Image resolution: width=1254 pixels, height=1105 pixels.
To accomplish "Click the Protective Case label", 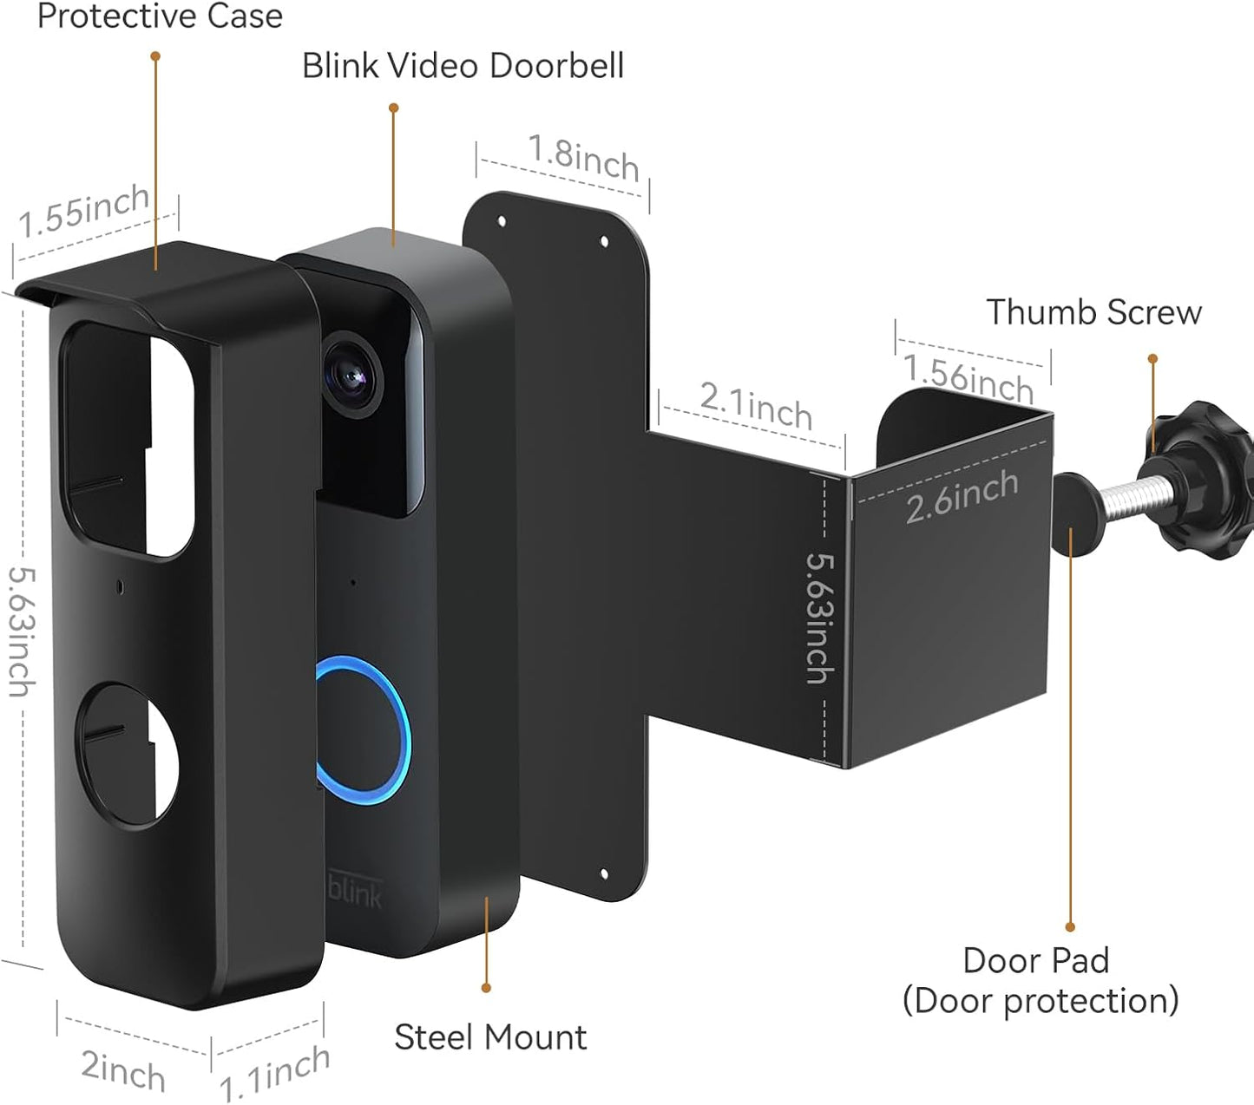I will click(160, 16).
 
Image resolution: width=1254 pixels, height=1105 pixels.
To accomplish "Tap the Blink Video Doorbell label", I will click(463, 66).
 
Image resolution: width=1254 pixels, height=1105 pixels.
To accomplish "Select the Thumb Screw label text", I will click(1093, 312).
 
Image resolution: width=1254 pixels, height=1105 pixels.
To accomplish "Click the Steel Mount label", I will click(490, 1037).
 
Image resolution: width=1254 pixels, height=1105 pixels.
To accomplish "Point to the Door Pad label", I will click(1036, 961).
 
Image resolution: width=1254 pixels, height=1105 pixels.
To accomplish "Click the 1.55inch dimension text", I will click(84, 211).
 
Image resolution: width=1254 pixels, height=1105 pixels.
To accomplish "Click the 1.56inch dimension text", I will click(968, 378).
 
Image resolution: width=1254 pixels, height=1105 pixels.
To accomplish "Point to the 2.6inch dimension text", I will click(962, 496).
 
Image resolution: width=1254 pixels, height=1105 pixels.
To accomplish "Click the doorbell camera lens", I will click(351, 377).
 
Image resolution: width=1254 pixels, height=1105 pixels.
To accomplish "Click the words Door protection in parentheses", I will click(1040, 1001).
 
